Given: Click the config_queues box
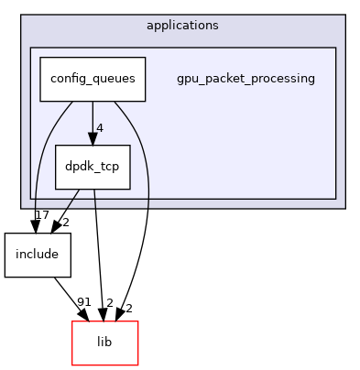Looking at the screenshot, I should coord(93,79).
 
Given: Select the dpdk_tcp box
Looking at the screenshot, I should coord(93,167).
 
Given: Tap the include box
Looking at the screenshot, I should coord(38,255).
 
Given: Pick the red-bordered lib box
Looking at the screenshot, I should coord(104,343).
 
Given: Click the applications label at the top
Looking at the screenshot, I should coord(182,25).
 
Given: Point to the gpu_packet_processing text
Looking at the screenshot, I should coord(245,79).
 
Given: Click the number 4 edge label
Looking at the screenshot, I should coord(100,127).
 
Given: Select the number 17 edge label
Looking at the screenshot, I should coord(41,215).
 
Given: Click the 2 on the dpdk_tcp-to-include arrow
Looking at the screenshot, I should coord(65,223).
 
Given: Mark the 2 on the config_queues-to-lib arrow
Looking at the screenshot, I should coord(129,309).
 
